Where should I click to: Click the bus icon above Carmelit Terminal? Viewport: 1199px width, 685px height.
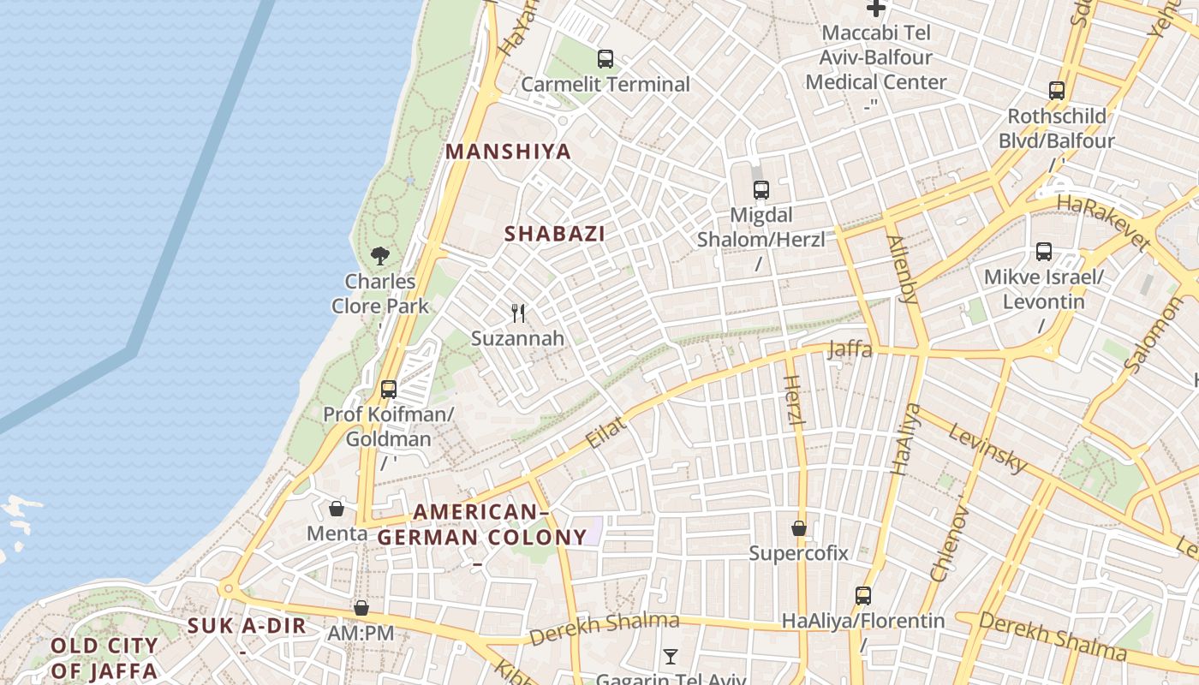click(605, 59)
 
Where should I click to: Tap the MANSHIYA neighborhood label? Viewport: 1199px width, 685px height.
click(508, 152)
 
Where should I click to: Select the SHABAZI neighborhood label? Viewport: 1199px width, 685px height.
click(555, 234)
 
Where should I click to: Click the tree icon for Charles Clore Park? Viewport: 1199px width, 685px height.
click(380, 255)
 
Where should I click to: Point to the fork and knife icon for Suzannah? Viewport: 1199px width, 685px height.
click(517, 313)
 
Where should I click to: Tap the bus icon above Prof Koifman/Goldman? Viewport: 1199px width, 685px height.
click(388, 390)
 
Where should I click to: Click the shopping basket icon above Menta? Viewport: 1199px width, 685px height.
click(337, 509)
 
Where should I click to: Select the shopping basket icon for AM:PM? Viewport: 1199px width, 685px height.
click(361, 608)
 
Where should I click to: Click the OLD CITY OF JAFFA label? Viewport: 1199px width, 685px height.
click(104, 658)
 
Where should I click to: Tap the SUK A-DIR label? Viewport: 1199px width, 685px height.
click(247, 626)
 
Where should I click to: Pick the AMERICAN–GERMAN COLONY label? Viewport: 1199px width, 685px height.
click(481, 525)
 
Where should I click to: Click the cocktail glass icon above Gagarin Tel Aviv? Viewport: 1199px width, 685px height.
click(670, 657)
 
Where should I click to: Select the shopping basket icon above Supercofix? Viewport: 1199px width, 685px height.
click(799, 528)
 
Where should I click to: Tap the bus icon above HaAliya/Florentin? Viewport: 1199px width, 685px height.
click(863, 596)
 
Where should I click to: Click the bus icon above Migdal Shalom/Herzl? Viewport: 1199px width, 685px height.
click(761, 190)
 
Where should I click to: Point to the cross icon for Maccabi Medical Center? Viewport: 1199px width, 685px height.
click(875, 9)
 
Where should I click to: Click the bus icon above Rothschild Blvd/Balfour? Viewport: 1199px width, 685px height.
click(1057, 90)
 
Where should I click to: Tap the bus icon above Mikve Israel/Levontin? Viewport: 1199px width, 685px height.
click(1043, 252)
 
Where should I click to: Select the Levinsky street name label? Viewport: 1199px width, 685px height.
click(987, 448)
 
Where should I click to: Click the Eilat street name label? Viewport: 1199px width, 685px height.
click(606, 432)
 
